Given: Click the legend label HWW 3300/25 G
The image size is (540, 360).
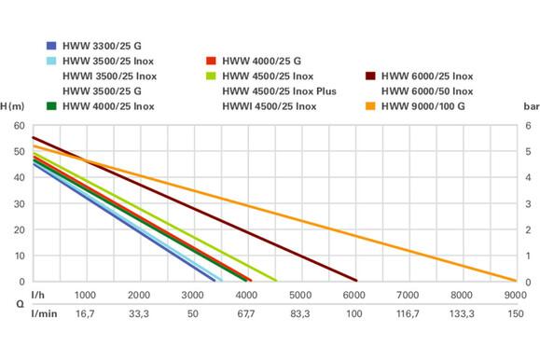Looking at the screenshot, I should (102, 45).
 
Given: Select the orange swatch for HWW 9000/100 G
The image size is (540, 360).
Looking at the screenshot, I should (369, 106).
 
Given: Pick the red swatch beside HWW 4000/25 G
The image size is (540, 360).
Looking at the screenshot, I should (210, 61).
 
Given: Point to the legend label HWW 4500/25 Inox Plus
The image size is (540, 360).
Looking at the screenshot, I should (280, 91).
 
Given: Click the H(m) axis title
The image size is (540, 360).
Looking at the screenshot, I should (12, 107).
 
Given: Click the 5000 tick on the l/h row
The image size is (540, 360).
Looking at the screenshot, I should (300, 295).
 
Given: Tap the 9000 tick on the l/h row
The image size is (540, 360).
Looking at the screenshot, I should (514, 295).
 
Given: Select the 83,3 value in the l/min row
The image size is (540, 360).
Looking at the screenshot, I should (300, 314).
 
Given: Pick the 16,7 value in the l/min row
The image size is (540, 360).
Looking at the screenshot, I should (85, 314).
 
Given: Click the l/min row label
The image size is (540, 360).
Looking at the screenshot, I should (44, 314).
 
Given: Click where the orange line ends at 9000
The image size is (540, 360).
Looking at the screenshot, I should (514, 280).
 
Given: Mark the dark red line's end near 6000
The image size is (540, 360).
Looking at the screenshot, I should (355, 280).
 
